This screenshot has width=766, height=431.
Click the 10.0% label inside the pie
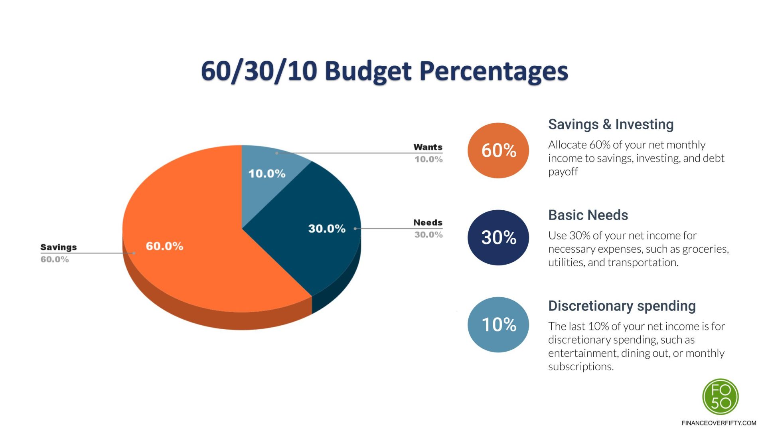[x=267, y=174]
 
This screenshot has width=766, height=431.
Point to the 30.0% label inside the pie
[x=326, y=229]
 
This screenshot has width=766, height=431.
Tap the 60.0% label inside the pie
[x=164, y=246]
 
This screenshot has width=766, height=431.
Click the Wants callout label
[x=428, y=147]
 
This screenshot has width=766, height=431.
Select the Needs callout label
[x=428, y=223]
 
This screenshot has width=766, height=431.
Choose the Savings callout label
[x=58, y=247]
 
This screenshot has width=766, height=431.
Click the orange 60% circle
[x=498, y=150]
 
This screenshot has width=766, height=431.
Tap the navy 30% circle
[x=498, y=237]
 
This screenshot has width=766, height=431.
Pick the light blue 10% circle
[x=498, y=324]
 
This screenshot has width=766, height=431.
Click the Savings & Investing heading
[x=610, y=125]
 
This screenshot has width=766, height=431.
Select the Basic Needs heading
[x=588, y=215]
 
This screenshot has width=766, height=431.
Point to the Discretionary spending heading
[x=622, y=306]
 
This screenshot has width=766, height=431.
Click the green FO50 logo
[x=721, y=397]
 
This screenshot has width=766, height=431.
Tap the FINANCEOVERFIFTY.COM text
[x=719, y=423]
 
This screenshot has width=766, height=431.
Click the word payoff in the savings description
[x=563, y=172]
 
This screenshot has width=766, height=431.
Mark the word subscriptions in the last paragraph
[x=580, y=367]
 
